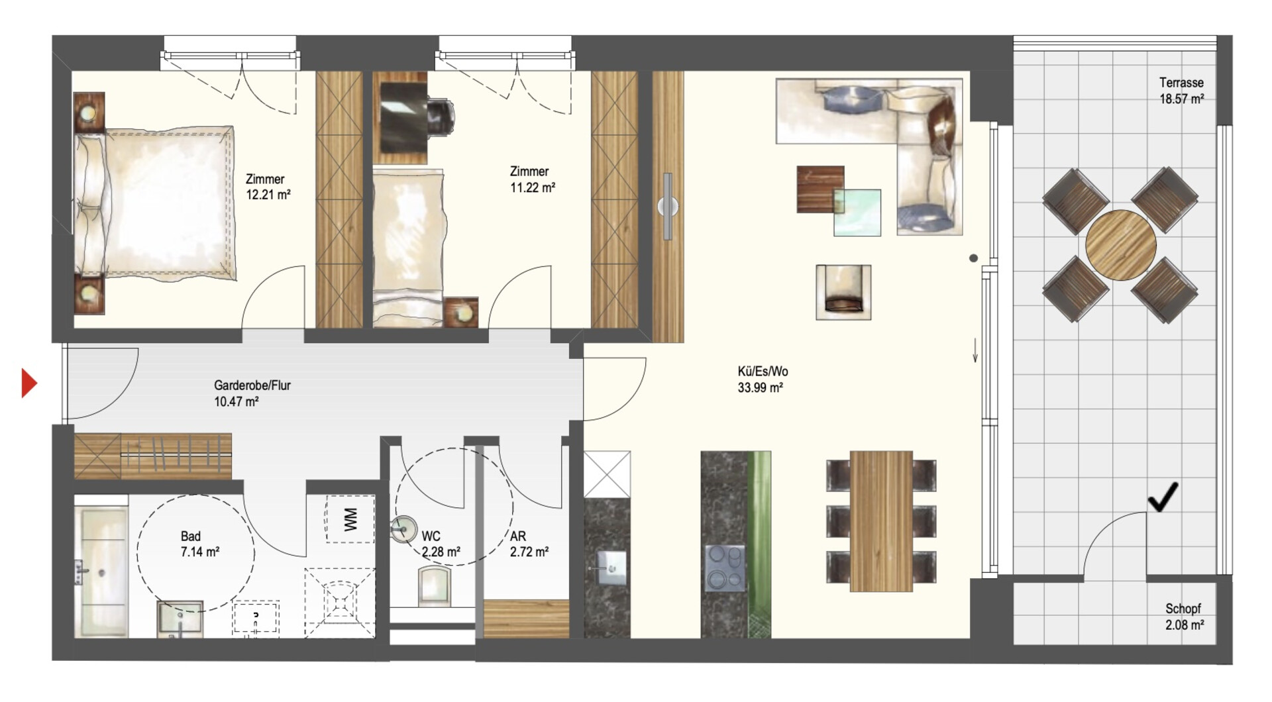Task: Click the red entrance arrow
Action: point(29,383)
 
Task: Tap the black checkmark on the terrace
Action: point(1163,497)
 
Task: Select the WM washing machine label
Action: point(350,519)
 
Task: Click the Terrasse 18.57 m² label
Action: point(1181,91)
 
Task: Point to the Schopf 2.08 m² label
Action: point(1184,617)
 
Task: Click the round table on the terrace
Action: point(1121,245)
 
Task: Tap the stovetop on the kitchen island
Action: point(725,568)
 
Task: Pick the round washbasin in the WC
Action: point(403,529)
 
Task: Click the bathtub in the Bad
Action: point(101,572)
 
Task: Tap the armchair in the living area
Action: point(843,292)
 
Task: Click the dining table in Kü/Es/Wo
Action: point(881,521)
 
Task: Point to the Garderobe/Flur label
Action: point(252,385)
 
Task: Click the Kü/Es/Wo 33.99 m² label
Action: point(763,379)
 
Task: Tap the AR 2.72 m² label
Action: point(529,544)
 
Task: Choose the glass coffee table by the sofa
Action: point(857,213)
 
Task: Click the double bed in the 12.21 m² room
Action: point(154,203)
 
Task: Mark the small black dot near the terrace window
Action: point(973,258)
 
